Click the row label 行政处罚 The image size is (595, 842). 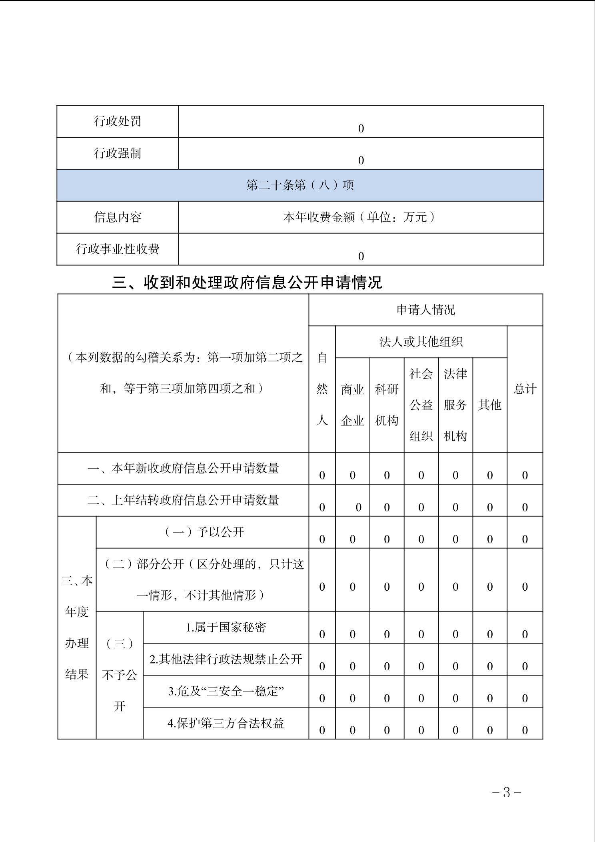tap(118, 121)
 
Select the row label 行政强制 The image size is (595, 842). tap(118, 153)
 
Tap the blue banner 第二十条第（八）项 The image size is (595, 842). tap(300, 185)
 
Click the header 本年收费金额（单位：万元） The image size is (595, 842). tap(361, 217)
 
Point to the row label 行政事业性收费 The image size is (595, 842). tap(118, 249)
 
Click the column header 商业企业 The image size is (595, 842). tap(352, 405)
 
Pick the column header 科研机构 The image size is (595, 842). tap(387, 405)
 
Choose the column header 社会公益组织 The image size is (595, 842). tap(421, 405)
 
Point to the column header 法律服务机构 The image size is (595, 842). tap(455, 405)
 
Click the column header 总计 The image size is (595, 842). tap(525, 389)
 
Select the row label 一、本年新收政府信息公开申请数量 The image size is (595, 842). tap(183, 468)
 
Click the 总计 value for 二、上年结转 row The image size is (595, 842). tap(525, 507)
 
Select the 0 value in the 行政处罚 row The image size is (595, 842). tap(361, 128)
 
